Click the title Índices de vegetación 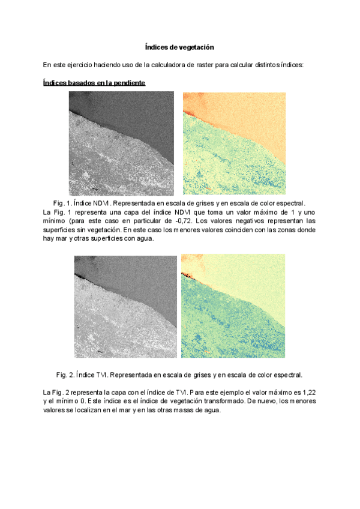click(x=180, y=46)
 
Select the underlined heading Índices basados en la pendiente click(x=94, y=82)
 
